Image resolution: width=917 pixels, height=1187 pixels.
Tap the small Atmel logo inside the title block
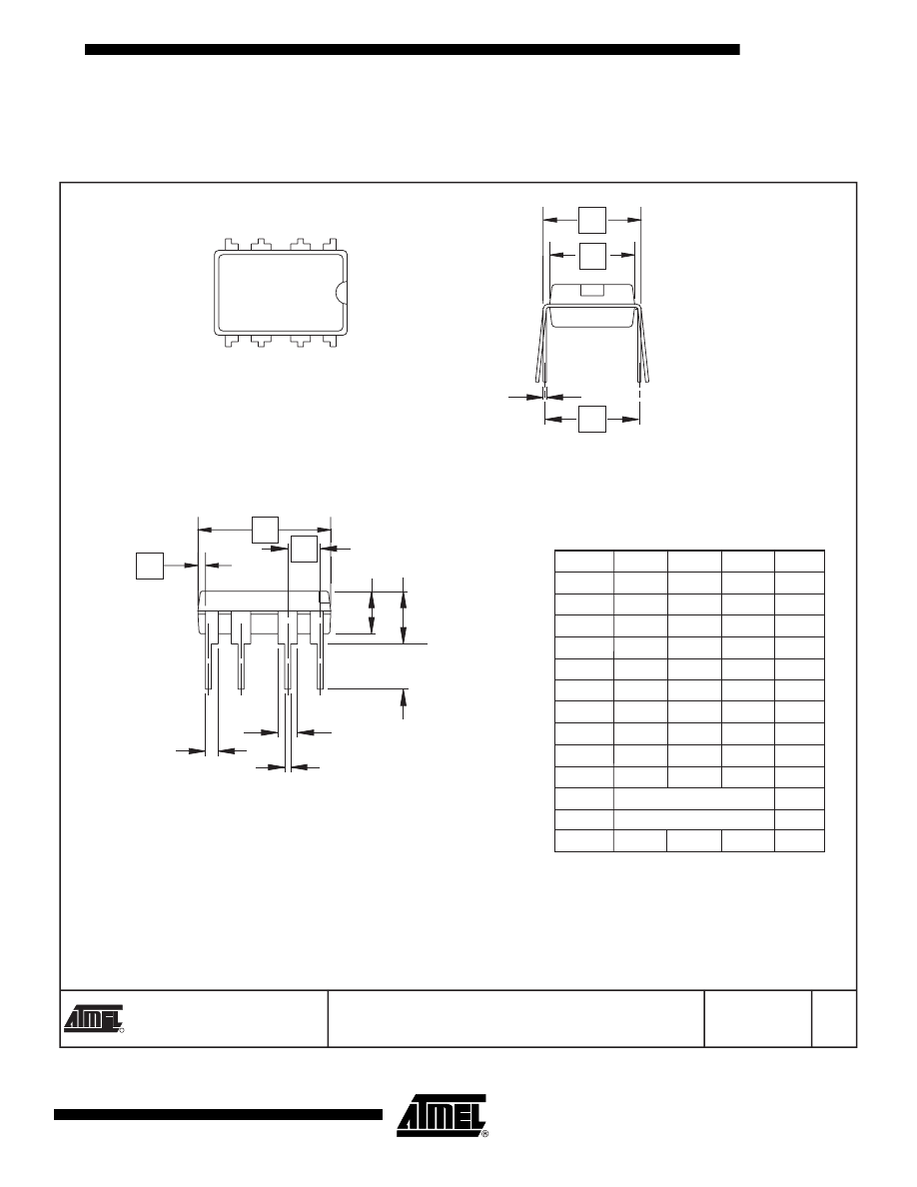(x=94, y=1017)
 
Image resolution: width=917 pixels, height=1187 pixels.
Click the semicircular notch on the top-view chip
(x=343, y=291)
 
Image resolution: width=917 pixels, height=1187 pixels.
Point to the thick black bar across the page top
(x=412, y=49)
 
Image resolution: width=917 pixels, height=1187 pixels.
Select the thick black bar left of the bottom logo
(x=218, y=1115)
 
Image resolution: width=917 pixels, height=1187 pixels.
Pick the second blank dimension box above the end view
(x=592, y=255)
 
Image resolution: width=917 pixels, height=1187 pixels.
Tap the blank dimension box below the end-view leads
(x=591, y=420)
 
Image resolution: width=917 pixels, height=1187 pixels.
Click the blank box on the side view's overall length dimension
(x=264, y=530)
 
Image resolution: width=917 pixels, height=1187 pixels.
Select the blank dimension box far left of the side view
(x=149, y=565)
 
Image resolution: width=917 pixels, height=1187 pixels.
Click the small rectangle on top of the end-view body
(x=592, y=291)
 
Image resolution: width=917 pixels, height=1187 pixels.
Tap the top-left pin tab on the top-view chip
(x=231, y=243)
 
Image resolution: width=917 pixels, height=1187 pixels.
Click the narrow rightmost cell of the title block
(x=834, y=1019)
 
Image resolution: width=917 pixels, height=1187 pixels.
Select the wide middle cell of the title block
(x=515, y=1019)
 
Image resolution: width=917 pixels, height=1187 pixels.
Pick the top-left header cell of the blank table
(x=583, y=561)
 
